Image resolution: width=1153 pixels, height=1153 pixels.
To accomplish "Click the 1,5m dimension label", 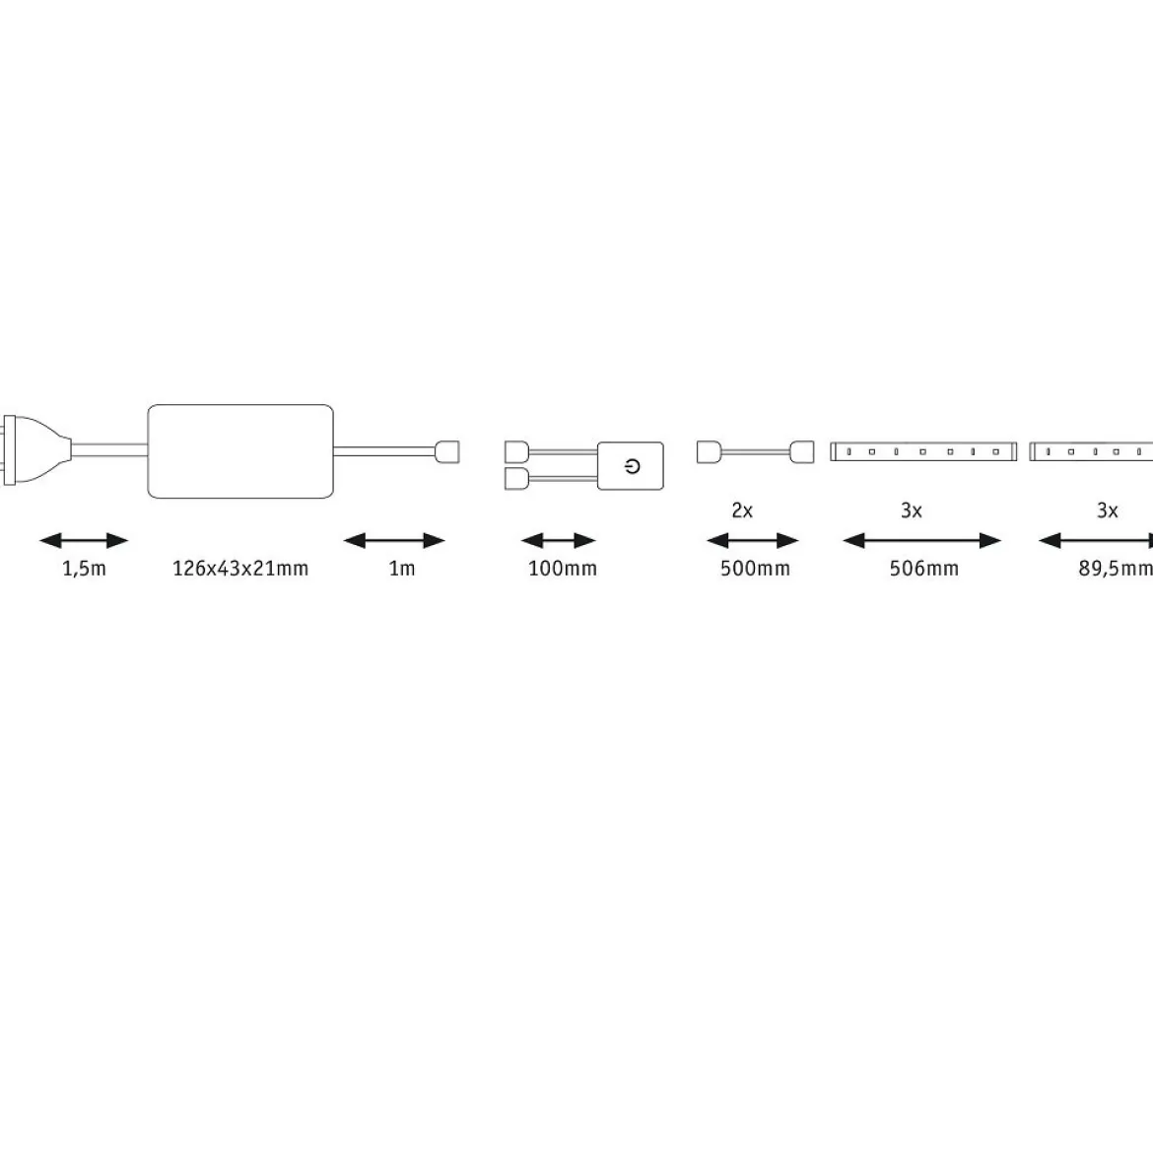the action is point(84,569).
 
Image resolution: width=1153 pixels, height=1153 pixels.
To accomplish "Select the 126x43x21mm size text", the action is point(240,569).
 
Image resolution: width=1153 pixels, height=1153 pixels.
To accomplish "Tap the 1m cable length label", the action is point(402,569).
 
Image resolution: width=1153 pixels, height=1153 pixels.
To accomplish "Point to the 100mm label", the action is point(563,569).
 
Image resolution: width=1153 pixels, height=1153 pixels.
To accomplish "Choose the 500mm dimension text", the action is point(755,569).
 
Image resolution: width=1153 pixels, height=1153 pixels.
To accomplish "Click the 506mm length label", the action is point(923,569).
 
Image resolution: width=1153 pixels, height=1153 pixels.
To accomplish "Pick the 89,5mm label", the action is point(1116,569).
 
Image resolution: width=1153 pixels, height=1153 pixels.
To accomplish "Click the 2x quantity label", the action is point(742,510).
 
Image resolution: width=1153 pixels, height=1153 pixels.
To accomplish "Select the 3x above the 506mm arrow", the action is point(912,510).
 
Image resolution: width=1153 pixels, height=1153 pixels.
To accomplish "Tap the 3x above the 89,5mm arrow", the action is point(1108,510).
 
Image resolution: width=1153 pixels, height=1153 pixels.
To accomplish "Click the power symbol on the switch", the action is point(633,465).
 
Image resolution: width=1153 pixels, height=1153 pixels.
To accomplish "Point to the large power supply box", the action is point(240,450).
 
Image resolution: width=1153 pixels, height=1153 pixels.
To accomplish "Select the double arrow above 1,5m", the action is point(84,541).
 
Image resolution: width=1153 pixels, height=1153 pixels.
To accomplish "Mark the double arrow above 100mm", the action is point(558,541).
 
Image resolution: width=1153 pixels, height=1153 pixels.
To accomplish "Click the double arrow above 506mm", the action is point(922,541).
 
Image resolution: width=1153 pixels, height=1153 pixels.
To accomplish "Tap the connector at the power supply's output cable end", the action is point(447,451).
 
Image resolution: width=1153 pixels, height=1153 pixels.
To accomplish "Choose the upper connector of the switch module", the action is point(516,451).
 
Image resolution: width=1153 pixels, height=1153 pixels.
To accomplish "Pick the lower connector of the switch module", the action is point(516,479).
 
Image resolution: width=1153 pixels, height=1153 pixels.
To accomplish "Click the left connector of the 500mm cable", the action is point(709,451).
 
